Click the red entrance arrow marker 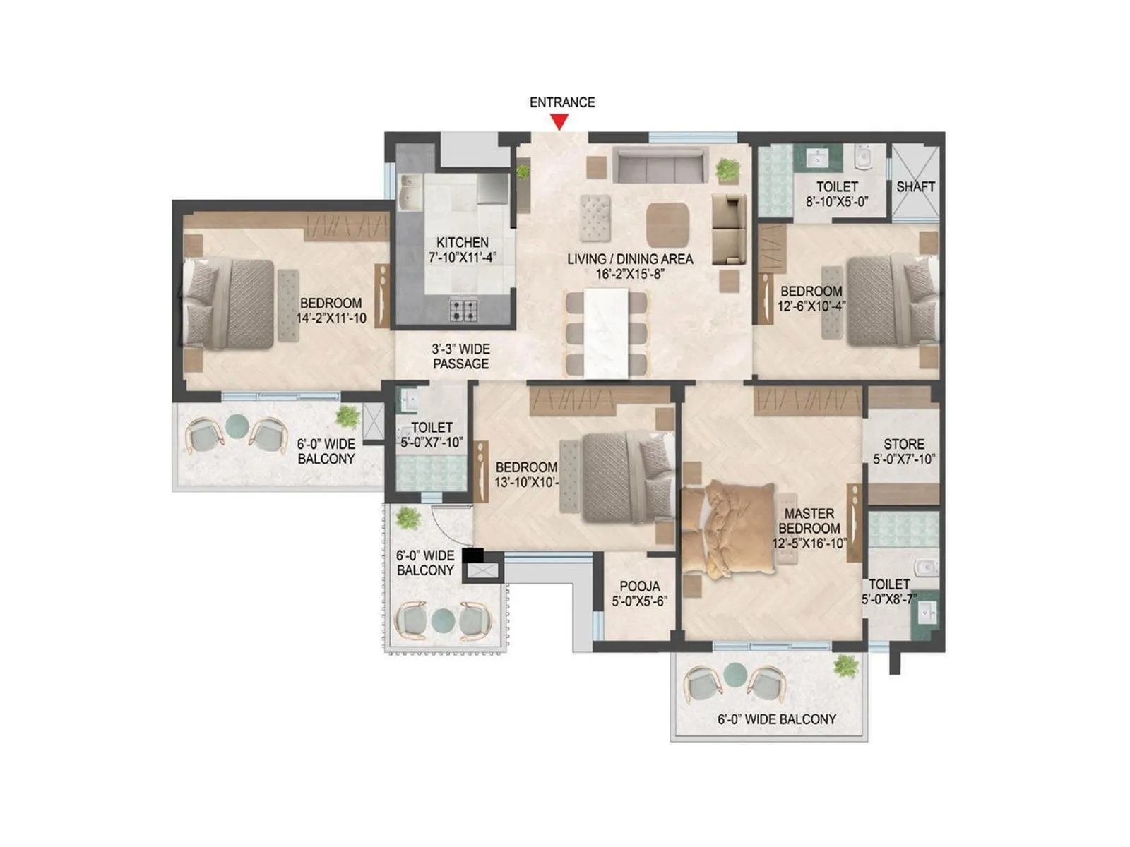(x=559, y=122)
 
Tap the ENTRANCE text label (x=562, y=102)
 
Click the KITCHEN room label (x=463, y=242)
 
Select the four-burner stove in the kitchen (x=464, y=310)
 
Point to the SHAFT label (x=915, y=186)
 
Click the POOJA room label (x=639, y=586)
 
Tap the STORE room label (x=903, y=444)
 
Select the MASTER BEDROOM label (x=809, y=521)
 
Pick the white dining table (x=606, y=333)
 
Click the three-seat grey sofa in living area (x=660, y=166)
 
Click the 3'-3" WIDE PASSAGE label (x=460, y=356)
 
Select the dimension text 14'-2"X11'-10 (x=331, y=318)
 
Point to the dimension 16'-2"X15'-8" (x=630, y=274)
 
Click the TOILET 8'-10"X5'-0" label (x=837, y=194)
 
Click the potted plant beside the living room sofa (x=727, y=169)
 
